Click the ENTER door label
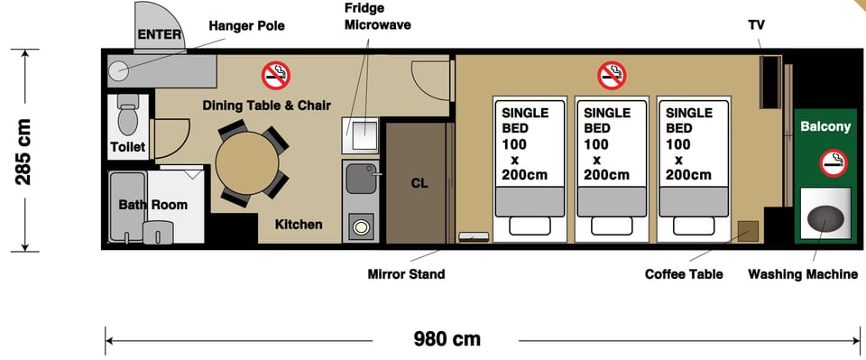pos(159,34)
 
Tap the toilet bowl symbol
pos(128,116)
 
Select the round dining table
pos(247,163)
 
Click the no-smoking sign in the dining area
pos(276,76)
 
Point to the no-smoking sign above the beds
pos(612,75)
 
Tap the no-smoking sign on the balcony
pos(834,163)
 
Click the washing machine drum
pos(825,218)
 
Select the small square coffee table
pos(749,231)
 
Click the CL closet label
pos(419,183)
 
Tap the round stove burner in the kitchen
pos(361,227)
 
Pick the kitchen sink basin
pos(361,178)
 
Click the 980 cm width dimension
pos(447,338)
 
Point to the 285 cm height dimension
pos(23,151)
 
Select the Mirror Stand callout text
pos(406,274)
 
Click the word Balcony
pos(825,127)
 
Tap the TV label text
pos(757,25)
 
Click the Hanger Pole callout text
pos(247,26)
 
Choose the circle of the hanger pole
pos(117,70)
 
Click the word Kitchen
pos(299,225)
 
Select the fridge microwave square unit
pos(361,135)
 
